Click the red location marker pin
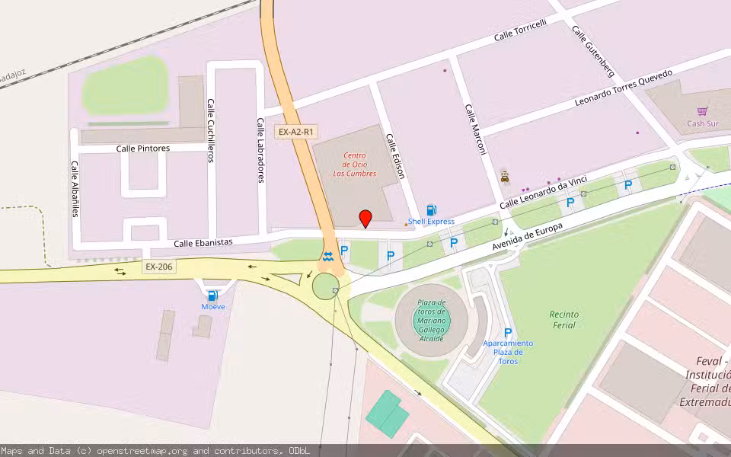click(365, 218)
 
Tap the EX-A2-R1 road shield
click(295, 132)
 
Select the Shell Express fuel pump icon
click(432, 209)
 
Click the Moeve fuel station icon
click(212, 296)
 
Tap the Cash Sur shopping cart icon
click(702, 111)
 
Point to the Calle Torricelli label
click(520, 30)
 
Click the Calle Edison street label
click(395, 157)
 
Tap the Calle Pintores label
click(143, 149)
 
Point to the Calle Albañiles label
click(75, 189)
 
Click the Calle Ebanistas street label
click(203, 242)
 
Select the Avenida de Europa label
click(527, 240)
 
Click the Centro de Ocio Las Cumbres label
click(355, 164)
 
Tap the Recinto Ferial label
click(563, 319)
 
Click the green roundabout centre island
click(325, 286)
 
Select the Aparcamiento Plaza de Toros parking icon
click(507, 332)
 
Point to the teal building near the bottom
click(388, 414)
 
